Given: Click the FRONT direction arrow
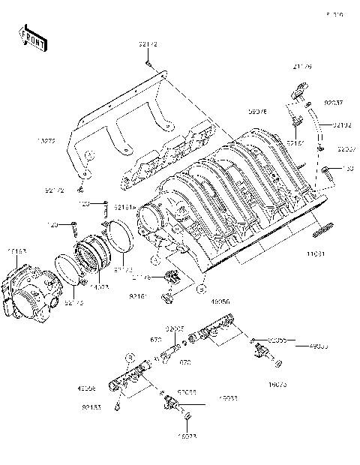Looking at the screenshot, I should tap(34, 39).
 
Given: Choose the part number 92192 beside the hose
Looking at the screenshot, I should tap(343, 124).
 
